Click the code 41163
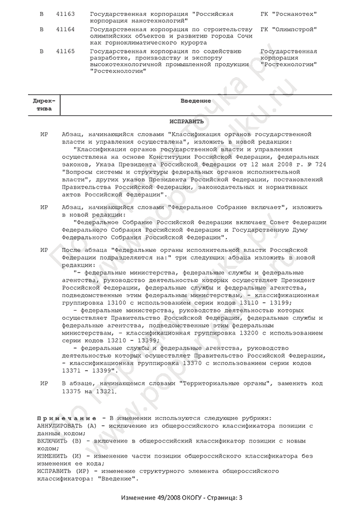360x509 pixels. click(x=65, y=12)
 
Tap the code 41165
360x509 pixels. click(x=65, y=51)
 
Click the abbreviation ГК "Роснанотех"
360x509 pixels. click(x=287, y=12)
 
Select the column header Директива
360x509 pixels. click(x=45, y=105)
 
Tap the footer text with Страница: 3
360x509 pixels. click(x=179, y=498)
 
